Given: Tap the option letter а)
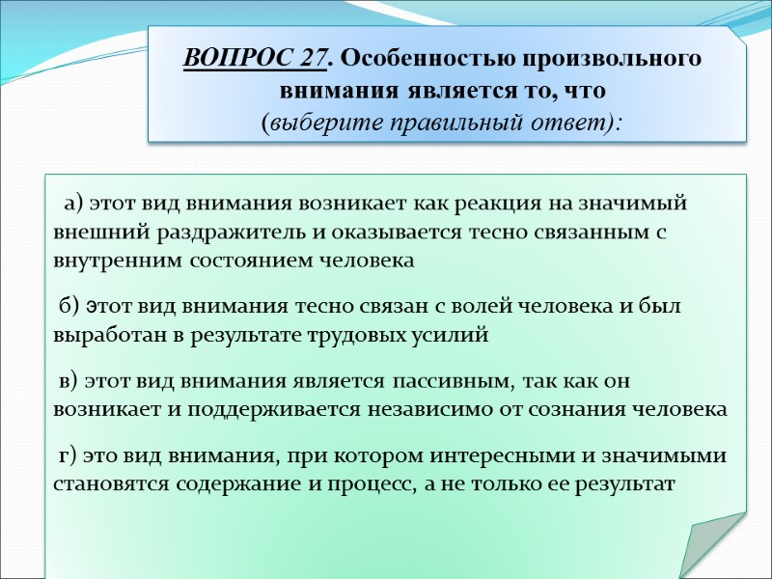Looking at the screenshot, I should [74, 205].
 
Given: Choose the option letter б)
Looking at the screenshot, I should [69, 308].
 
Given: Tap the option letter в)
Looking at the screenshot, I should [69, 381].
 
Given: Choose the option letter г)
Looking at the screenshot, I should [68, 455].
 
